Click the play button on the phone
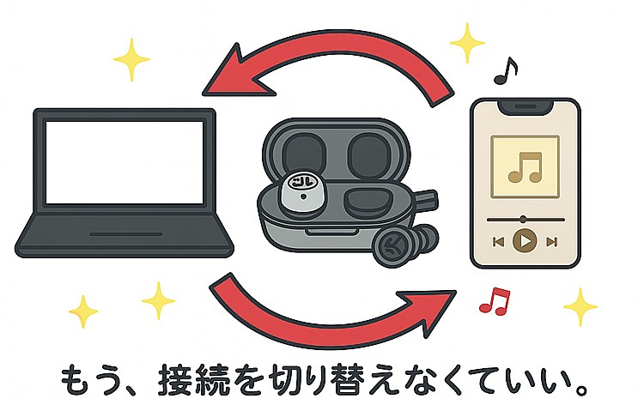525,240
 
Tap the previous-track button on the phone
497,241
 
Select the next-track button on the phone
552,241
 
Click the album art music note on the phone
525,165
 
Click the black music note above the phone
507,70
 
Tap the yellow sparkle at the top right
468,40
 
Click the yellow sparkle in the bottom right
580,305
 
